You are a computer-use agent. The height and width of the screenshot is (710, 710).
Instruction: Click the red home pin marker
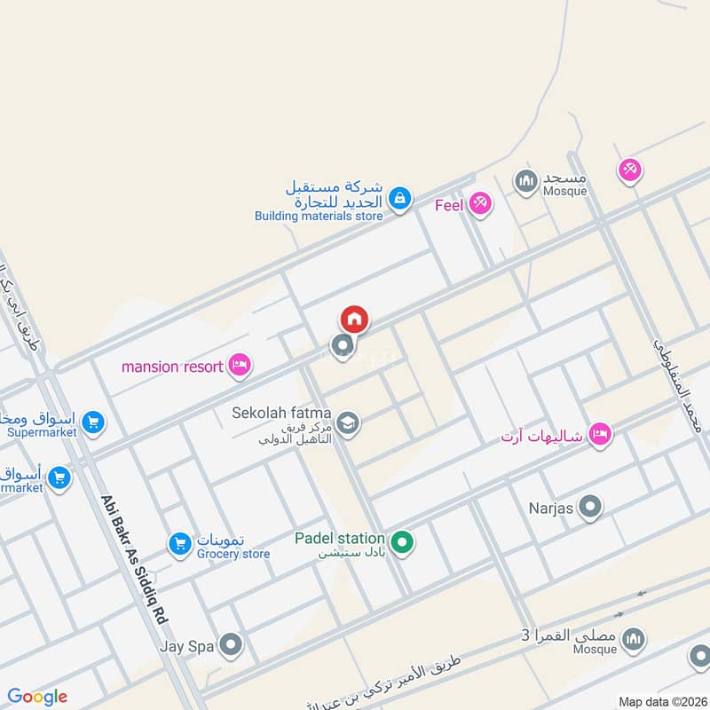click(x=353, y=319)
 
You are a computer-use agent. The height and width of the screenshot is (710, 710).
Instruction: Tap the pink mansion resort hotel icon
click(x=239, y=366)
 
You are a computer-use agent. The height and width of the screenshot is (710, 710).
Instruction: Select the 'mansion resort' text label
click(x=172, y=367)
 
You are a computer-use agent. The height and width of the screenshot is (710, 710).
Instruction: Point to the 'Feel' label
click(x=449, y=205)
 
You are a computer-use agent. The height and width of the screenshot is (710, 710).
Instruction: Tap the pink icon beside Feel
click(x=480, y=203)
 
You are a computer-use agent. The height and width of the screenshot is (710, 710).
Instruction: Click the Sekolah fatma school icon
click(x=348, y=422)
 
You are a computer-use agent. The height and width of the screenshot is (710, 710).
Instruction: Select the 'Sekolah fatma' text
click(x=281, y=414)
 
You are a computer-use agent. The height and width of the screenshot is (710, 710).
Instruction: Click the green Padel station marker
click(x=402, y=540)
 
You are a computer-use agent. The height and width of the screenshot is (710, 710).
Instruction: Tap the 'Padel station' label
click(x=340, y=539)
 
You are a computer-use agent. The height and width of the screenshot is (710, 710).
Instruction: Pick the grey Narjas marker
click(x=589, y=508)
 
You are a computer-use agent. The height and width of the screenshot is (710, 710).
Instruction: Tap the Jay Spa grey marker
click(x=231, y=645)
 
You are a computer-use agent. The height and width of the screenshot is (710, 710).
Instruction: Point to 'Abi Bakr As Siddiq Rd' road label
click(x=135, y=559)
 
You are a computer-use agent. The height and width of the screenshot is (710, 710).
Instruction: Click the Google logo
click(x=37, y=697)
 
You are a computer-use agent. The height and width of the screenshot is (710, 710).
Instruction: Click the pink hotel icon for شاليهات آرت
click(x=601, y=434)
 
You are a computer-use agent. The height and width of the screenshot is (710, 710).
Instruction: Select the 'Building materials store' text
click(x=319, y=216)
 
